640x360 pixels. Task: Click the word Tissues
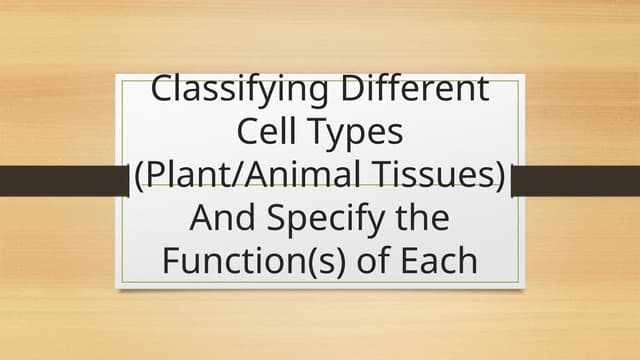tap(440, 176)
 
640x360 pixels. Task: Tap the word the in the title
tap(423, 219)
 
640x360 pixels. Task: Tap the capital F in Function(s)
tap(170, 262)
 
